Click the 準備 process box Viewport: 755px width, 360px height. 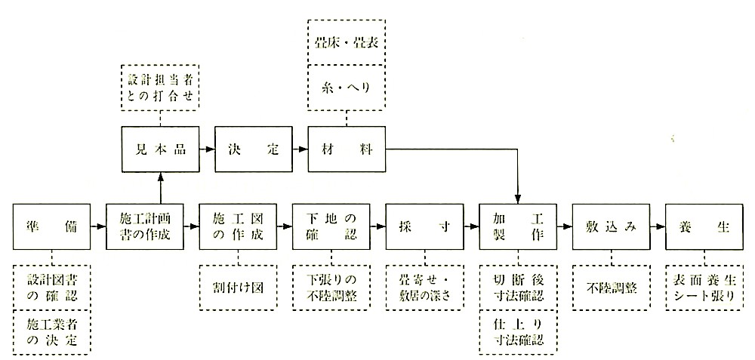(51, 226)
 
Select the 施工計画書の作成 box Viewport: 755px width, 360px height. (145, 226)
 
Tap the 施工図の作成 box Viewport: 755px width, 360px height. (238, 226)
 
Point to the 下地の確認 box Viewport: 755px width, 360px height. (331, 226)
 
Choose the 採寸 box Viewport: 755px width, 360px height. (424, 226)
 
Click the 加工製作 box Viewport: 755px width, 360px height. (518, 226)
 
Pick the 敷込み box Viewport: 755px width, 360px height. (611, 226)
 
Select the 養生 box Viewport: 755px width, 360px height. (704, 226)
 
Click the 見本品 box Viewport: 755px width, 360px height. (160, 149)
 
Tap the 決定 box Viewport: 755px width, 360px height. (253, 149)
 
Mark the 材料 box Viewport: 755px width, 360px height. (347, 149)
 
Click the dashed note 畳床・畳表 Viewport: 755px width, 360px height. (347, 42)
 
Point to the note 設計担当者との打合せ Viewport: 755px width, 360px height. (160, 86)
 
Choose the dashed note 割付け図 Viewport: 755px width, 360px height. (238, 288)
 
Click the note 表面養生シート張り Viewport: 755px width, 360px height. (704, 288)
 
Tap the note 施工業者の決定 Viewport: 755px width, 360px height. (51, 333)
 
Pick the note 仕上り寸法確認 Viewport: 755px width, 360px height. (518, 333)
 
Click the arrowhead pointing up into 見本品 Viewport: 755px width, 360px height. (160, 176)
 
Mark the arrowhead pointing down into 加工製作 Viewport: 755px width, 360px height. (518, 199)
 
